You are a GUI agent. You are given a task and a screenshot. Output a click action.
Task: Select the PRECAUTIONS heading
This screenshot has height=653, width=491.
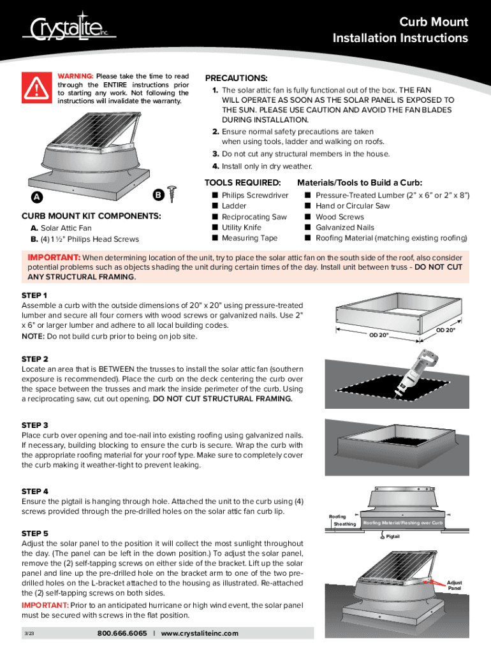point(236,77)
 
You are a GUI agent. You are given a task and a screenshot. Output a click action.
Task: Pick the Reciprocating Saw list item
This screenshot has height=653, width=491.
point(254,217)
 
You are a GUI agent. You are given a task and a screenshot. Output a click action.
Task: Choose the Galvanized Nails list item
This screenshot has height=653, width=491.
point(344,228)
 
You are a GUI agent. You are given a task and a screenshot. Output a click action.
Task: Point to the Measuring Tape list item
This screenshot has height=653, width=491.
point(249,238)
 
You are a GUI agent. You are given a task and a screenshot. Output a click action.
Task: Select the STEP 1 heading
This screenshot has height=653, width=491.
point(34,295)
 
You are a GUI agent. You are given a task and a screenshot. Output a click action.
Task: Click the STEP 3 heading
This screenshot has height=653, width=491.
point(35,425)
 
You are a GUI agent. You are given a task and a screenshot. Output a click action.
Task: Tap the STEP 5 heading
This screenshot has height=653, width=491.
point(35,533)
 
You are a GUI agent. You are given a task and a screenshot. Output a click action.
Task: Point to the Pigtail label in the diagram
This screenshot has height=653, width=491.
point(394,537)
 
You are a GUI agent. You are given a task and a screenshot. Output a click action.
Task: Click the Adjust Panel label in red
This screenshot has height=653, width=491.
point(454,585)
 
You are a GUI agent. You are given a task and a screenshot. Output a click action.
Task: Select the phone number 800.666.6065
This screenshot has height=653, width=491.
point(122,633)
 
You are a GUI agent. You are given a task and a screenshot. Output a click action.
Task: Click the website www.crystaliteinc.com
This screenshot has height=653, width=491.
point(200,633)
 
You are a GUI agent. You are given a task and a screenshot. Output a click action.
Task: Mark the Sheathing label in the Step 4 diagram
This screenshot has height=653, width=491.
point(345,524)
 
